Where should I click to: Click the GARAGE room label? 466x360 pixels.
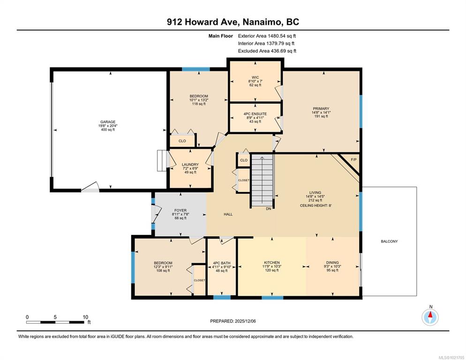pos(107,122)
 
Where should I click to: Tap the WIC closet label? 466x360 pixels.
pos(255,77)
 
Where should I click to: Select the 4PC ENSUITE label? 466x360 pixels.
pos(255,114)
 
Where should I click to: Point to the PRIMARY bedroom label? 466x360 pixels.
pos(321,108)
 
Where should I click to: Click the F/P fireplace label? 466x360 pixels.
pos(353,160)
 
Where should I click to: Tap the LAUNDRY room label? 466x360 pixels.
pos(190,165)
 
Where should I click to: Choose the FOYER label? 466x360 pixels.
pos(180,210)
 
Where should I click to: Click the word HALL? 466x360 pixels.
pos(228,214)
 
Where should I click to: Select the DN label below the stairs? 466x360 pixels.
pos(268,209)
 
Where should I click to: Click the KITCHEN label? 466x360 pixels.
pos(272,262)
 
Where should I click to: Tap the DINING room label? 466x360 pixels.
pos(332,262)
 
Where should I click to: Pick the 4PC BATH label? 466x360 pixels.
pos(222,263)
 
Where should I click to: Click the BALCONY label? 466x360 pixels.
pos(389,241)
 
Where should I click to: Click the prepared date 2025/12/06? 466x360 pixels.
pos(245,321)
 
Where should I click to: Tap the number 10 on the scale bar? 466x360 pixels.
pos(86,317)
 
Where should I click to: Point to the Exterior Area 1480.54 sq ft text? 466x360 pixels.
pos(267,36)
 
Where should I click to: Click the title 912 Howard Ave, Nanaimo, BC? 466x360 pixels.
pos(233,22)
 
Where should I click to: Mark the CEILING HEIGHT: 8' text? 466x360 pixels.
pos(316,205)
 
